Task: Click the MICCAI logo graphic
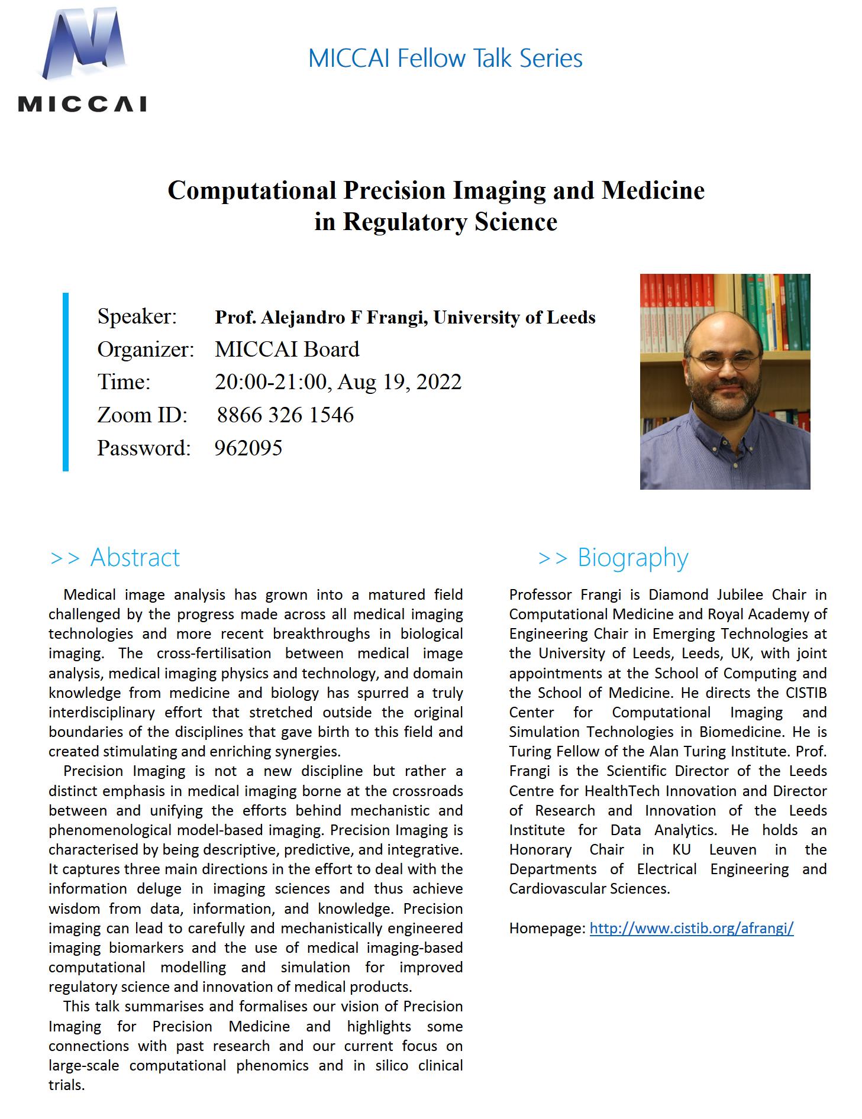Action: coord(82,59)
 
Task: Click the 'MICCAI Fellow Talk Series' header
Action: coord(445,59)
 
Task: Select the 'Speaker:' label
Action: coord(137,316)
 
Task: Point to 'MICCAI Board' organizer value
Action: coord(287,349)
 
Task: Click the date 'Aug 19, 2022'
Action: coord(399,382)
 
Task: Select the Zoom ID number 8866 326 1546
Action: coord(285,415)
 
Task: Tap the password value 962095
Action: coord(248,448)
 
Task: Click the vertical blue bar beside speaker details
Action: coord(66,381)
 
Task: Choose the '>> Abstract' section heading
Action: coord(115,557)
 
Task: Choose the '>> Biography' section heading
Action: coord(614,557)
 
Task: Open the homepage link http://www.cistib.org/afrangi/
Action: coord(691,928)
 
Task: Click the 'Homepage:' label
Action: coord(547,928)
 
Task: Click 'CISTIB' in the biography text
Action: coord(806,693)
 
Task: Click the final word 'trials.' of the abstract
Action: coord(67,1085)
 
